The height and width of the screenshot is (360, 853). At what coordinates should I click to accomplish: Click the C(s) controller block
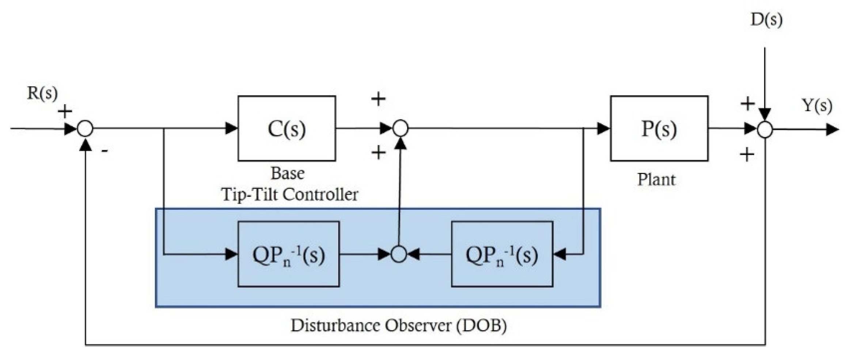[x=287, y=128]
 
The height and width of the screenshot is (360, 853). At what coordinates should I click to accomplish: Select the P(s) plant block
[x=659, y=128]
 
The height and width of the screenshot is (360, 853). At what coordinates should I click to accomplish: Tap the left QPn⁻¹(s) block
[x=288, y=254]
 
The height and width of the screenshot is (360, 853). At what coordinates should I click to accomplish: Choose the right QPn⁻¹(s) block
[x=502, y=254]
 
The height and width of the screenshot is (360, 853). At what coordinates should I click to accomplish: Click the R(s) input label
[x=42, y=94]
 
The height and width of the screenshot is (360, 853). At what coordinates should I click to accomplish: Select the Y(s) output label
[x=817, y=106]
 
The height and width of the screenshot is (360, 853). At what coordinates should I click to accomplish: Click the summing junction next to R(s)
[x=86, y=129]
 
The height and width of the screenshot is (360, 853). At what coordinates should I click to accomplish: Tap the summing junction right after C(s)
[x=401, y=128]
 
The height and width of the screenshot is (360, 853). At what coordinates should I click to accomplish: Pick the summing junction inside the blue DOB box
[x=399, y=254]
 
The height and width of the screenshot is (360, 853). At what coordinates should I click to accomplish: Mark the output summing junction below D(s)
[x=765, y=129]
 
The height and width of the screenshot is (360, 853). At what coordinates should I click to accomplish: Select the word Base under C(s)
[x=287, y=174]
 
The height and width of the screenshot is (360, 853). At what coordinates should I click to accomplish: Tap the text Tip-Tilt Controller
[x=289, y=194]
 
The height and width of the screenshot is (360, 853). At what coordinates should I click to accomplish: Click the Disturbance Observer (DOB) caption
[x=398, y=325]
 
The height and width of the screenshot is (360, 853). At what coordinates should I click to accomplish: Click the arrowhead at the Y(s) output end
[x=832, y=129]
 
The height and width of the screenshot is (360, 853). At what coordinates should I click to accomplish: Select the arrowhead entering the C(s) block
[x=231, y=128]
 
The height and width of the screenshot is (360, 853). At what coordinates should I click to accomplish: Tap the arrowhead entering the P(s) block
[x=603, y=128]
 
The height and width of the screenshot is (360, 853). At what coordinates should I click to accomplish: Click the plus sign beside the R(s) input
[x=65, y=111]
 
